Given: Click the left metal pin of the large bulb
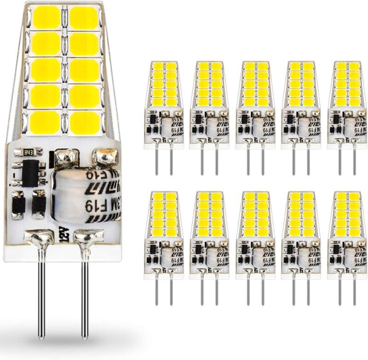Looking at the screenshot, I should point(41,295).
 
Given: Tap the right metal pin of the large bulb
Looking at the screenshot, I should point(85,295).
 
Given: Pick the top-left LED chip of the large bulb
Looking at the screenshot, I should point(46,18).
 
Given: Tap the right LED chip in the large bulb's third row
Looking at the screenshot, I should point(85,70).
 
